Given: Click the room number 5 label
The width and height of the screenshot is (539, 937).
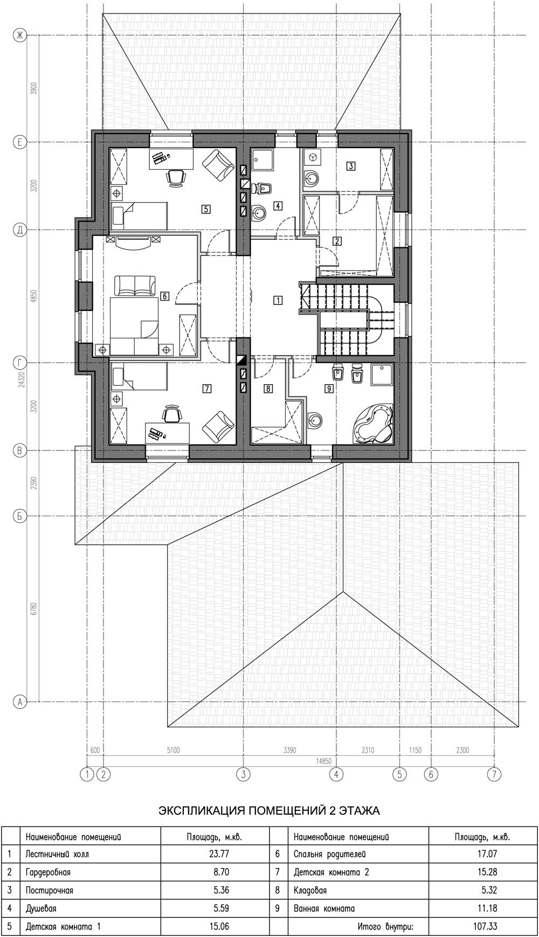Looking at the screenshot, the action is (x=205, y=209).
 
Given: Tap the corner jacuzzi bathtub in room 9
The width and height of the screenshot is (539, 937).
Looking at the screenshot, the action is (x=372, y=424).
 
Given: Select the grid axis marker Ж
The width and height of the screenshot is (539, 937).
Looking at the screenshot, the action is (x=20, y=36).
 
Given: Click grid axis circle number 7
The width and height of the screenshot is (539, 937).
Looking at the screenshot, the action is (x=494, y=774).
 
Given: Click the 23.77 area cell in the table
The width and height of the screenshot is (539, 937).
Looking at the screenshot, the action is (x=218, y=853).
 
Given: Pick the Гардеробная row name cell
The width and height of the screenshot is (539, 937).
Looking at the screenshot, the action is (x=48, y=872).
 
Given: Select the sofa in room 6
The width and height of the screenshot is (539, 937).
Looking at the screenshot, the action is (x=134, y=286).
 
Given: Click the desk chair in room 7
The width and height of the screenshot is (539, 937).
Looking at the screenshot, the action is (x=172, y=414).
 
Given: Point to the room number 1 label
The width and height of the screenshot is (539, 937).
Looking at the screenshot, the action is (x=278, y=300).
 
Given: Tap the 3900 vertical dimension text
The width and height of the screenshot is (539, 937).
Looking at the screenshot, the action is (x=33, y=89).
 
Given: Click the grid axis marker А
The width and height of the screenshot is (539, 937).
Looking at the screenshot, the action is (x=20, y=702).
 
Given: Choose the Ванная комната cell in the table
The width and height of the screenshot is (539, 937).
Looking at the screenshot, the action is (x=324, y=908).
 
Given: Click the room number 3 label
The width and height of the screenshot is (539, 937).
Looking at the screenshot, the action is (x=351, y=166).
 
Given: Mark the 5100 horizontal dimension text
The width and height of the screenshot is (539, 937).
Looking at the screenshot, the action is (x=173, y=750).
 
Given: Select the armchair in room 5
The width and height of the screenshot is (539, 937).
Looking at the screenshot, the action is (x=218, y=164).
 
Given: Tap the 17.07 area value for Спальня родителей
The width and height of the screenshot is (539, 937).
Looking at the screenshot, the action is (x=487, y=853).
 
